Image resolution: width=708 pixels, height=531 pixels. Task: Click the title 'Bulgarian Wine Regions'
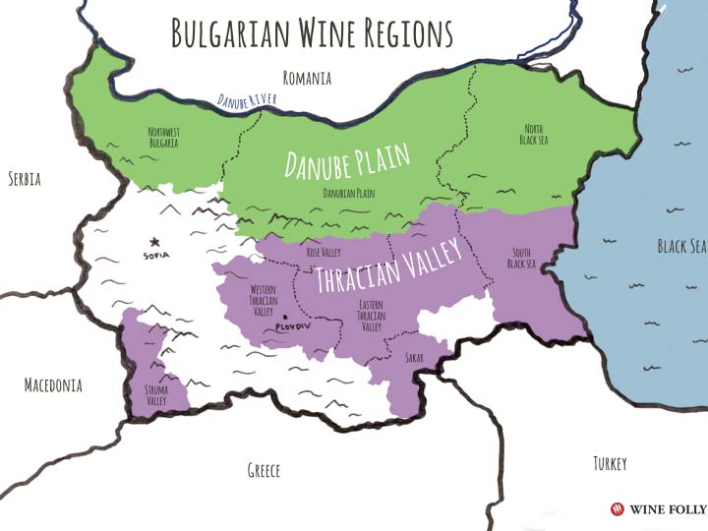(312, 33)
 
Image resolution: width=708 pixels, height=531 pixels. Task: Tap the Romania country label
(307, 78)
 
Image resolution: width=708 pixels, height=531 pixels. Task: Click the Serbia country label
(30, 179)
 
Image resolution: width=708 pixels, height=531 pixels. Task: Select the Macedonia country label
(53, 385)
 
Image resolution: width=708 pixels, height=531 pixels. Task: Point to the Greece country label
(264, 470)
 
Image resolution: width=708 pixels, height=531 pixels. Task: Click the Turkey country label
(610, 463)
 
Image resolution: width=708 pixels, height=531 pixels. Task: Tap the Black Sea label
(681, 246)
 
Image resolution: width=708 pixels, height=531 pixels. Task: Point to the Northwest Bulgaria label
(163, 138)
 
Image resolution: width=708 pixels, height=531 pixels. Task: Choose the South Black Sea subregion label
(520, 258)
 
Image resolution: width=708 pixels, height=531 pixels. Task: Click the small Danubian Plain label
(350, 194)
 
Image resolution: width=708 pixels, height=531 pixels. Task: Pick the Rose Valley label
(324, 253)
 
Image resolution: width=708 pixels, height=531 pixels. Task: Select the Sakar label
(414, 358)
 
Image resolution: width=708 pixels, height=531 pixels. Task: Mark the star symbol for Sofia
(153, 241)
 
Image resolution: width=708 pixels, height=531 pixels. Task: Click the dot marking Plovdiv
(284, 317)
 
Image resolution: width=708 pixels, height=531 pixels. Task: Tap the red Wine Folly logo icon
(617, 509)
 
